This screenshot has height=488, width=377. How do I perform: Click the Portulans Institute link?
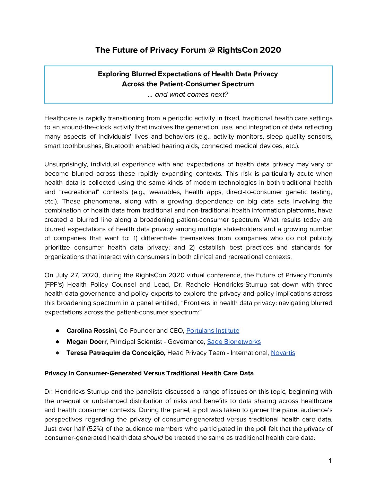(212, 331)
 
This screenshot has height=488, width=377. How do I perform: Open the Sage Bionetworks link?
(234, 342)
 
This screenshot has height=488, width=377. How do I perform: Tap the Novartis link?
(283, 353)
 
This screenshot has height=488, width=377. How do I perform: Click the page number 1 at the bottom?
(330, 461)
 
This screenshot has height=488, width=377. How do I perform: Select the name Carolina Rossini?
(91, 331)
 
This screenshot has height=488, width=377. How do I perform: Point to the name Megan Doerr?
(86, 342)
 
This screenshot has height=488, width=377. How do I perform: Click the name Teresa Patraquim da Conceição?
(116, 353)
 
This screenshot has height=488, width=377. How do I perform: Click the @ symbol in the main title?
(211, 50)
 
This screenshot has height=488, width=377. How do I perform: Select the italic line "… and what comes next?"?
(188, 95)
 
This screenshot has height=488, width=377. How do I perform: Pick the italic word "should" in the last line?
(153, 438)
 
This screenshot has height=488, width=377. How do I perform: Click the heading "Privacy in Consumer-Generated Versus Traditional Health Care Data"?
(149, 373)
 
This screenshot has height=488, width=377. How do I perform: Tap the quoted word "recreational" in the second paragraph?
(80, 192)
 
